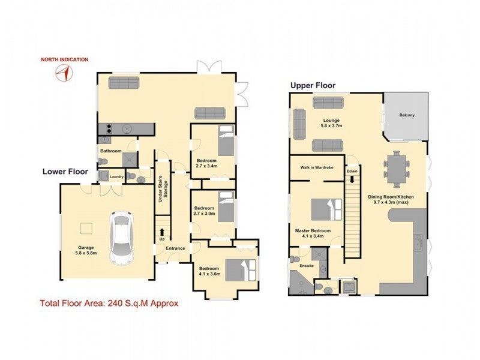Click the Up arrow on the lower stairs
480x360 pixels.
pyautogui.click(x=162, y=232)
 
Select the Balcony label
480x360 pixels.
pyautogui.click(x=407, y=115)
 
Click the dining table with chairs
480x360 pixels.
pyautogui.click(x=397, y=169)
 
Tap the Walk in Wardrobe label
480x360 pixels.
pyautogui.click(x=317, y=167)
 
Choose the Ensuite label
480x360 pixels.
pyautogui.click(x=307, y=266)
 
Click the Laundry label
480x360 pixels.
pyautogui.click(x=116, y=176)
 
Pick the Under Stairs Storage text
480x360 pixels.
pyautogui.click(x=163, y=189)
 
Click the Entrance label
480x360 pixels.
pyautogui.click(x=175, y=248)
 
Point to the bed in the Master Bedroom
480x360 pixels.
pyautogui.click(x=326, y=209)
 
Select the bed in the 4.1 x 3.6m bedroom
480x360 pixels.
pyautogui.click(x=241, y=271)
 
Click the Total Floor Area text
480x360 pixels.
pyautogui.click(x=109, y=304)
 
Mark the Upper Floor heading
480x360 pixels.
pyautogui.click(x=313, y=85)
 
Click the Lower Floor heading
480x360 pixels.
pyautogui.click(x=65, y=172)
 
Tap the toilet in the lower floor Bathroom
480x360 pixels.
pyautogui.click(x=103, y=161)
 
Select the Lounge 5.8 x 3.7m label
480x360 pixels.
pyautogui.click(x=331, y=123)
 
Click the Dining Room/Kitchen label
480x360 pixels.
pyautogui.click(x=391, y=200)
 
